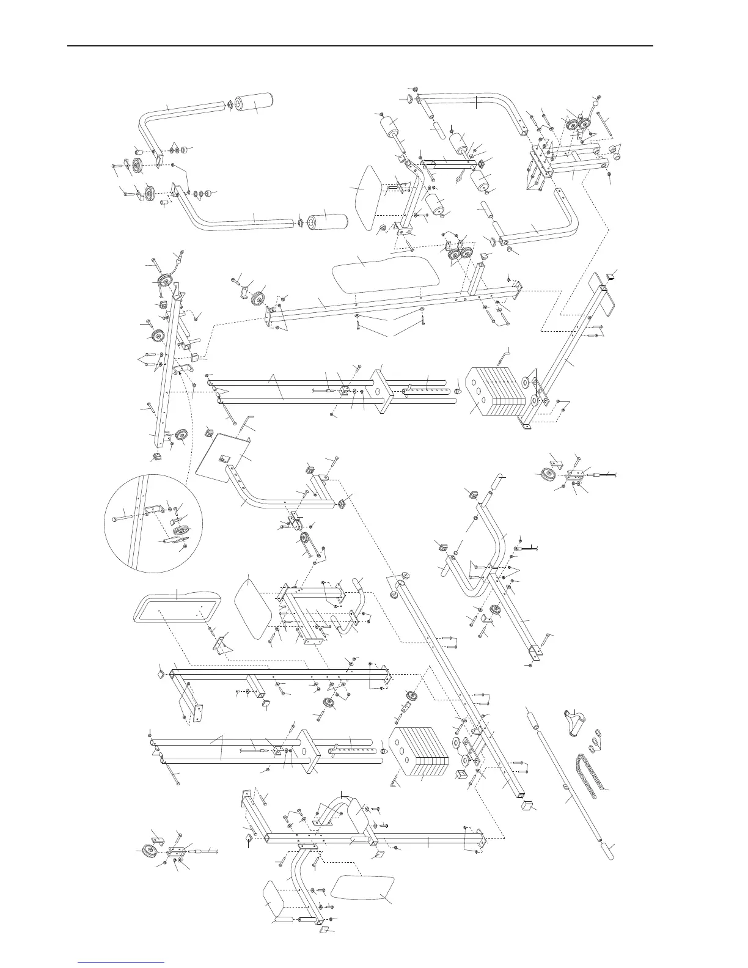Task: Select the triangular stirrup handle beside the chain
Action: tap(575, 722)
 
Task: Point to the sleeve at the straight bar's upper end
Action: tap(531, 719)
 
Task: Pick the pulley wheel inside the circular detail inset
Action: tap(178, 529)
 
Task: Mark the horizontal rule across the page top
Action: tap(360, 46)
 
